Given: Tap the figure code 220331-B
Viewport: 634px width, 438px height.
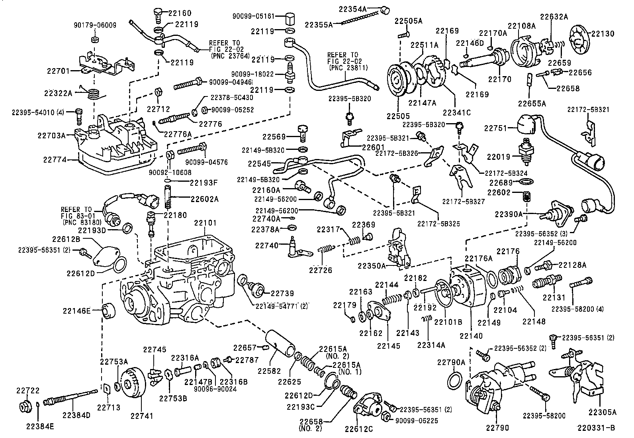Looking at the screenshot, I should (596, 428).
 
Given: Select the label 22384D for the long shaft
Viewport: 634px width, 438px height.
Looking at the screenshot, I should (76, 415).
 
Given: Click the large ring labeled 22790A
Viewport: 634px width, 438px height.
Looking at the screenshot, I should (454, 380).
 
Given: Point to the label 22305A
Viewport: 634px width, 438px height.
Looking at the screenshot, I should (603, 412).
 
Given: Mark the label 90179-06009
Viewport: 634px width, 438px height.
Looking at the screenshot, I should (95, 25).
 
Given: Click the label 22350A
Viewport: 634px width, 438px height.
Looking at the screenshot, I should (371, 265).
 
